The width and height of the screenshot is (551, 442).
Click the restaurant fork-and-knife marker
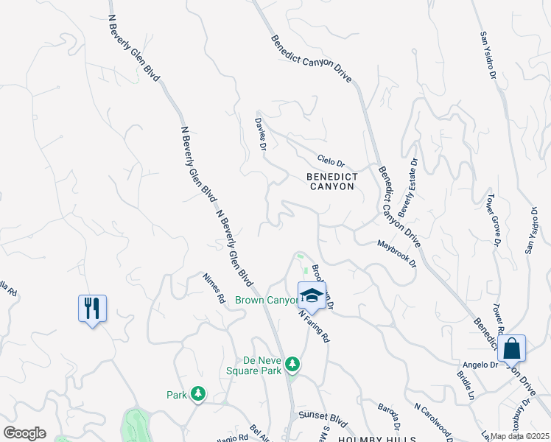pos(92,308)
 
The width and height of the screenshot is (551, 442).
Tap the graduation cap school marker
pos(312,296)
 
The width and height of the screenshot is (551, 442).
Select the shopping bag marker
pos(511,348)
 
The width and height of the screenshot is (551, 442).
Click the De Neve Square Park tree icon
pos(293,363)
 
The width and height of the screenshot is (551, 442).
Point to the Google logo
pos(24,433)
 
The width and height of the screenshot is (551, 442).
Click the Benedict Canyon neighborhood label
pos(332,181)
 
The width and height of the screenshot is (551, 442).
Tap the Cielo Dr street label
pos(331,160)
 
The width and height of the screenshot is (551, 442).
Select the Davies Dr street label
pos(260,134)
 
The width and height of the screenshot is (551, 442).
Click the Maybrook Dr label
pos(396,253)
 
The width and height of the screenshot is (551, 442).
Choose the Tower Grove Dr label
pos(493,219)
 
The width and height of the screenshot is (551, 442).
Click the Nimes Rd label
pos(214,288)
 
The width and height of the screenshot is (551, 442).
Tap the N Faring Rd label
pos(314,324)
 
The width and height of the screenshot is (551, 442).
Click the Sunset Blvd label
pos(323,415)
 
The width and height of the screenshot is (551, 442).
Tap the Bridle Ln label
pos(465,386)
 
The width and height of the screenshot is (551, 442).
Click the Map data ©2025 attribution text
pos(520,436)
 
